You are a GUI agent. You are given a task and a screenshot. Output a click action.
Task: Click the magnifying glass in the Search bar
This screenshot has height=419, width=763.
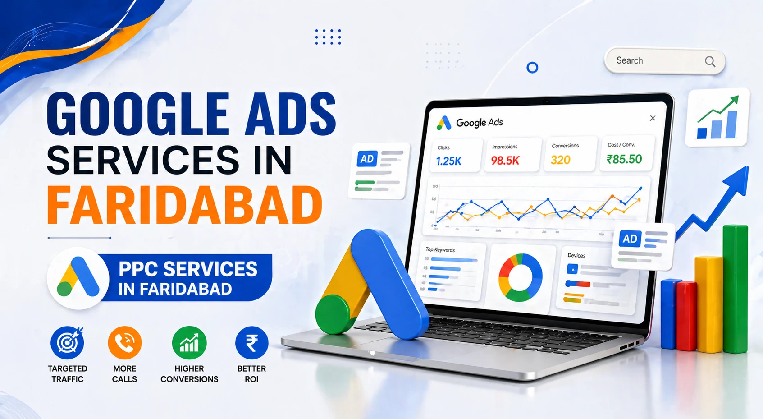click(710, 61)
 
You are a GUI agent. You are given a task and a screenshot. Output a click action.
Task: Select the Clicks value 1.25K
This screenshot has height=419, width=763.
click(448, 161)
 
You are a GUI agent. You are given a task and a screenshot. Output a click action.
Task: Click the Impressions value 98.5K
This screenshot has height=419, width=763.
click(505, 161)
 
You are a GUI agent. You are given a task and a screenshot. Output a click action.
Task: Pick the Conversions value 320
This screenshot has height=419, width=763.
click(560, 160)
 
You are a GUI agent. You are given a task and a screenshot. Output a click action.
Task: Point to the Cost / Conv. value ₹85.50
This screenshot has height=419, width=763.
click(624, 159)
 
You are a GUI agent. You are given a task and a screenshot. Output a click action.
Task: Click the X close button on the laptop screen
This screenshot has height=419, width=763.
click(653, 118)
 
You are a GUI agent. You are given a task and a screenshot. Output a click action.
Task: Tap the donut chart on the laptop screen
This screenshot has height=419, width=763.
click(520, 277)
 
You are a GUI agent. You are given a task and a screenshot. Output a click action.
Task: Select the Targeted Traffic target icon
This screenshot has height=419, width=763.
click(67, 343)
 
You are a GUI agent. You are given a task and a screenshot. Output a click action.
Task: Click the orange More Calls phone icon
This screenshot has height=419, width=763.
click(125, 343)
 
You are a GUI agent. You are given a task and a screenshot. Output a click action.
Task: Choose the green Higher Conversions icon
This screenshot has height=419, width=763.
click(189, 343)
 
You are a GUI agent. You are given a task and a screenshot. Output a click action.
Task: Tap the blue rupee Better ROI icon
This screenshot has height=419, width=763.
click(251, 343)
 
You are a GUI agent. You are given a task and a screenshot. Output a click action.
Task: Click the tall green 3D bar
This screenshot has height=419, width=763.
click(735, 289)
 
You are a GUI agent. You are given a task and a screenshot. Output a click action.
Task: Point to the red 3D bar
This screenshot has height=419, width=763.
click(687, 316)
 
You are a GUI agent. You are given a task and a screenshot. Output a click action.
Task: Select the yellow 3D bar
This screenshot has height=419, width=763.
click(708, 304)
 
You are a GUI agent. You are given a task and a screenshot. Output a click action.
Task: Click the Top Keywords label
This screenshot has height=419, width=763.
click(440, 250)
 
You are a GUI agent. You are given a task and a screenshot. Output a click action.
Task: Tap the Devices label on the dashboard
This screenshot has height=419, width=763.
click(576, 255)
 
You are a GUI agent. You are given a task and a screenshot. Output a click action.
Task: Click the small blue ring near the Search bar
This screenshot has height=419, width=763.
click(532, 68)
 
